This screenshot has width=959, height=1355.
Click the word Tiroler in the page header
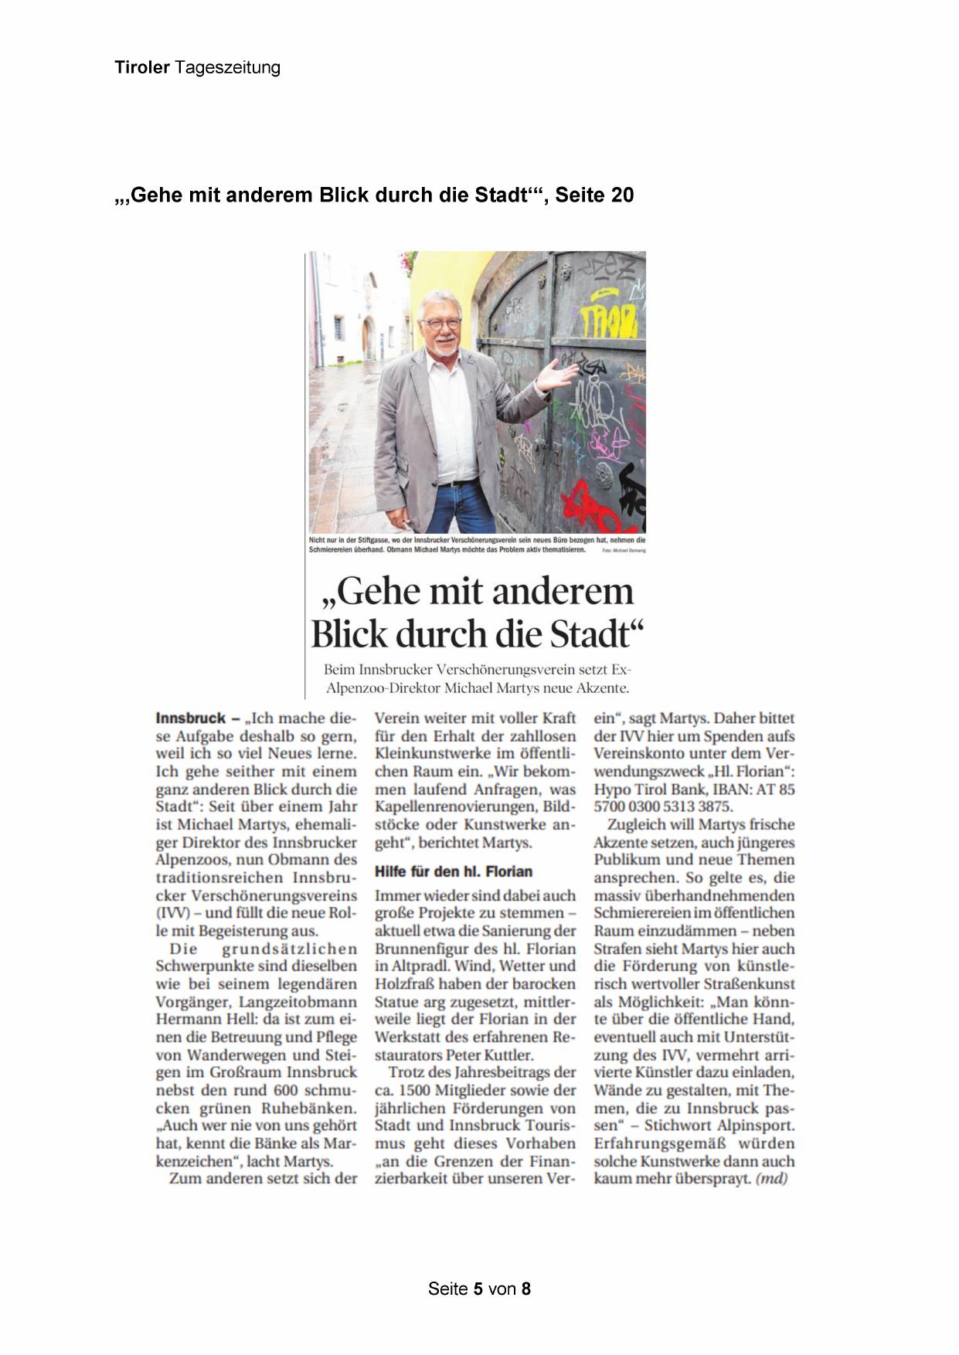142,68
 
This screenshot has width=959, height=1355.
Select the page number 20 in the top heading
621,195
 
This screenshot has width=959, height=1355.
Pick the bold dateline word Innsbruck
190,718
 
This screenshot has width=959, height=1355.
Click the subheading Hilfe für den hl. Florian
454,871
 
